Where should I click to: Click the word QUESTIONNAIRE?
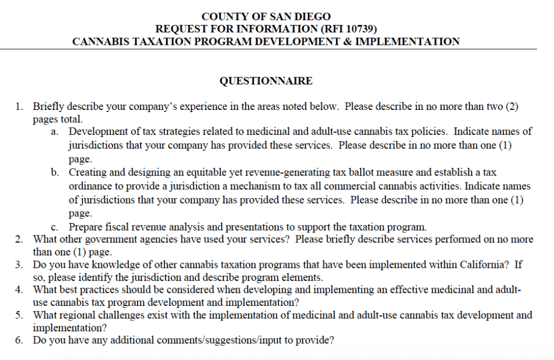coord(266,81)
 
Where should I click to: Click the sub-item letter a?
coord(55,132)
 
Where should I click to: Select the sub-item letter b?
coord(55,173)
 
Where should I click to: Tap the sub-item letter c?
coord(55,226)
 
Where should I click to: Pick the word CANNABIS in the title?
coord(97,41)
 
